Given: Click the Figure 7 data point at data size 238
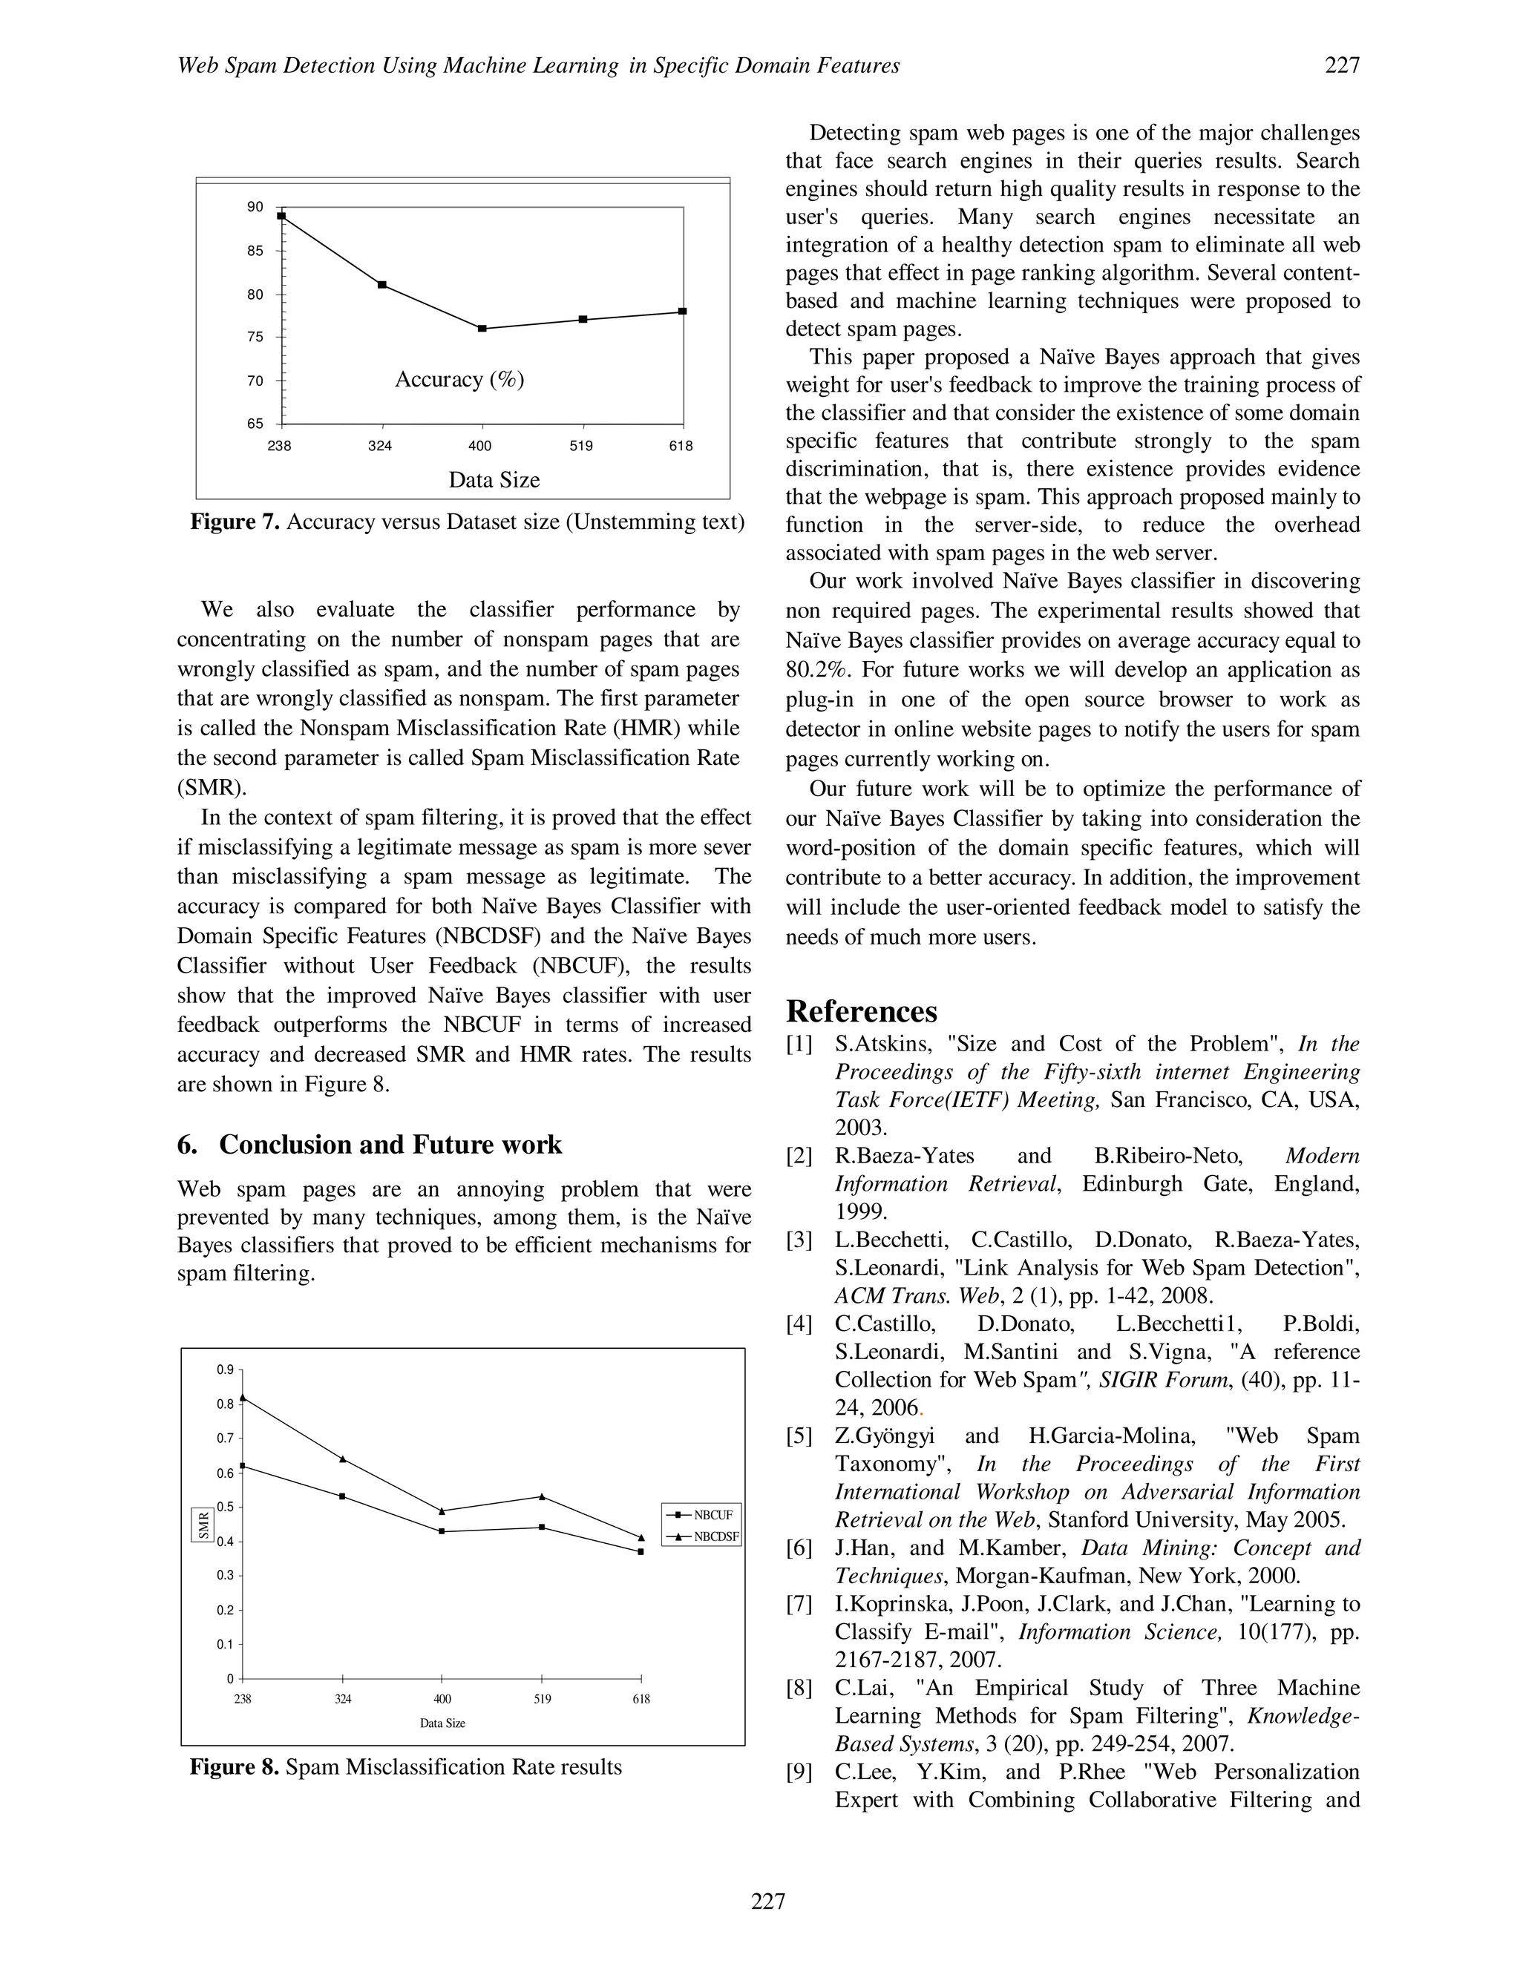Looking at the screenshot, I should pyautogui.click(x=282, y=216).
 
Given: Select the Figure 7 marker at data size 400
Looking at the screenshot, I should pyautogui.click(x=482, y=329).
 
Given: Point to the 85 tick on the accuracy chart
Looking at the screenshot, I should pyautogui.click(x=256, y=251).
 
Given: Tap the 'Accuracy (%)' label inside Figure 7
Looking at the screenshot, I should pyautogui.click(x=459, y=379).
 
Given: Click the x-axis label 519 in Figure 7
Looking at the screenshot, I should pyautogui.click(x=582, y=447).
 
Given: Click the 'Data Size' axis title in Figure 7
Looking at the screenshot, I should pyautogui.click(x=494, y=480).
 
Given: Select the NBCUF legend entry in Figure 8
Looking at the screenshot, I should pyautogui.click(x=702, y=1515).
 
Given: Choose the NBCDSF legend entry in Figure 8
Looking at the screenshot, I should pyautogui.click(x=702, y=1536).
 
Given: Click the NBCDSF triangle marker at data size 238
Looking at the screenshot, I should pyautogui.click(x=243, y=1397).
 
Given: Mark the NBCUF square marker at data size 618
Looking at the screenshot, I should pyautogui.click(x=641, y=1552).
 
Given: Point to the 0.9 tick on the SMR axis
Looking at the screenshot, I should pyautogui.click(x=225, y=1370).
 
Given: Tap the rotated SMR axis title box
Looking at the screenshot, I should pyautogui.click(x=203, y=1523).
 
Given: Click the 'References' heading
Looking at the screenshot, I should pyautogui.click(x=861, y=1011).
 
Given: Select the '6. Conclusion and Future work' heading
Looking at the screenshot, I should pyautogui.click(x=369, y=1144).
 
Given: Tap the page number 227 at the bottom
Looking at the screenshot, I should pyautogui.click(x=768, y=1901).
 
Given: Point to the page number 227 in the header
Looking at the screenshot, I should pyautogui.click(x=1342, y=65).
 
